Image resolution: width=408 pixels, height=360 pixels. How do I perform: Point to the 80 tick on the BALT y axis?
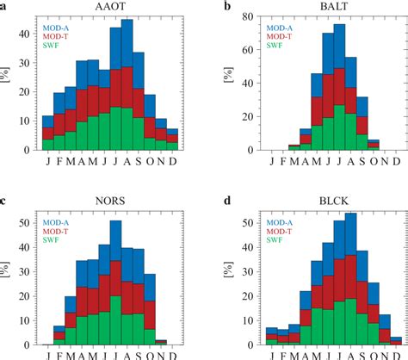[x=254, y=16]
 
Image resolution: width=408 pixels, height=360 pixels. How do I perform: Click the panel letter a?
[x=4, y=7]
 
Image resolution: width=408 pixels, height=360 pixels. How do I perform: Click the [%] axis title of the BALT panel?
[x=231, y=83]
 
